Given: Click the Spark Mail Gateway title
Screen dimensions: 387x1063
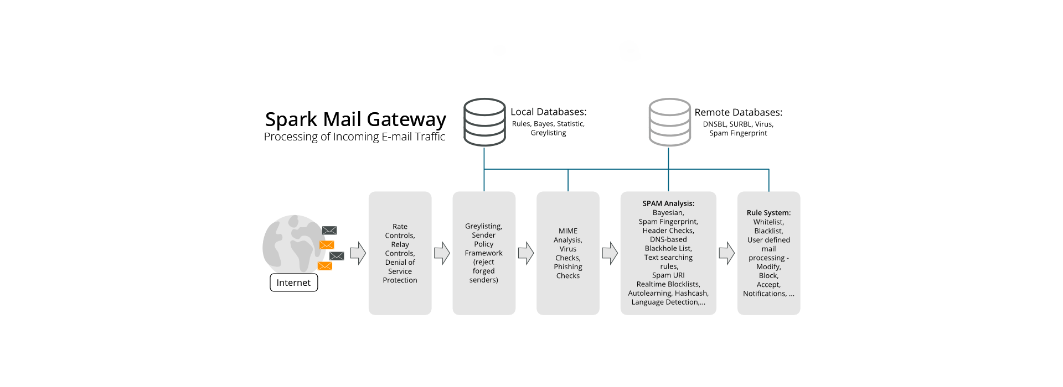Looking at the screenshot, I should pos(355,119).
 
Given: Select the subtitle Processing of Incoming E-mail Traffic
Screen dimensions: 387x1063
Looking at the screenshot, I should pos(354,137).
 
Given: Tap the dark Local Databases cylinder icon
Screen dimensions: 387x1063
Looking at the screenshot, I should pos(484,122).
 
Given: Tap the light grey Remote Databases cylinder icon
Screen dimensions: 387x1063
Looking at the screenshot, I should pos(669,122).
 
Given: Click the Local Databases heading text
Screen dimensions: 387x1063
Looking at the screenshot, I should pos(548,112).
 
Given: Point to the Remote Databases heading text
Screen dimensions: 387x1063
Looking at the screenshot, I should pos(738,112).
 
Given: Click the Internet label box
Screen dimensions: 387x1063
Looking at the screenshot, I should pos(293,283).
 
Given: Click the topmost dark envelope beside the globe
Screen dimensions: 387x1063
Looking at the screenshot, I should pos(329,231).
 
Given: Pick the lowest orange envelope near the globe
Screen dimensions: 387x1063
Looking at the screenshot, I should pos(325,266).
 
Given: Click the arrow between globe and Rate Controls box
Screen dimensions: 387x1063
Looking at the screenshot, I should pos(358,253).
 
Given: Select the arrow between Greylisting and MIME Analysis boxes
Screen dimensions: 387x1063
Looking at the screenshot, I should pos(525,253).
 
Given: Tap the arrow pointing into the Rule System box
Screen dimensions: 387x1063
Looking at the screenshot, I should pos(726,253).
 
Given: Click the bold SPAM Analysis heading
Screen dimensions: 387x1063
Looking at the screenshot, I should pos(668,203).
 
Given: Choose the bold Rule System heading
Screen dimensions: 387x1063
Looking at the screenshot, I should pos(768,213).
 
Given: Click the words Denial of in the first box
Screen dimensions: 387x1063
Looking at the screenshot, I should pos(400,263).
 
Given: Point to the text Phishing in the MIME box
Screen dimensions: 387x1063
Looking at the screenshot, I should pos(568,267).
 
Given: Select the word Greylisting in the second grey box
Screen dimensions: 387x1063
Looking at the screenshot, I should pos(483,226).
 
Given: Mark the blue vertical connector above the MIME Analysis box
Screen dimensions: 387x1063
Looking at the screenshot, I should pos(568,180).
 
